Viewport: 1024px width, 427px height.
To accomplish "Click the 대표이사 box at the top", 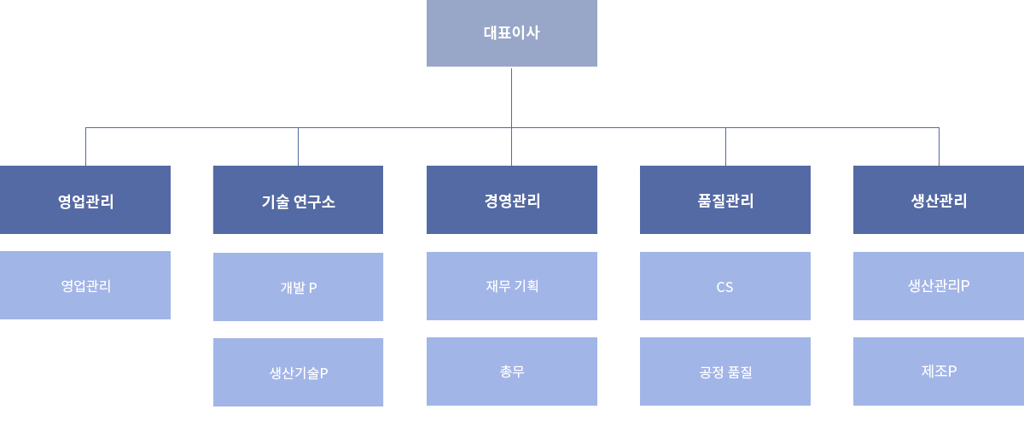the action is pos(511,33).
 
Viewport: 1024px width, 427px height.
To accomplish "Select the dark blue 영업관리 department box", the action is pos(85,200).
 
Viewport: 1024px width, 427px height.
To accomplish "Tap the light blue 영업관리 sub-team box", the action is pos(85,285).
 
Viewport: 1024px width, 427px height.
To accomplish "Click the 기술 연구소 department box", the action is pos(298,200).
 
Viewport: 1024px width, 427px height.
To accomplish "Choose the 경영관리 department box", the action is pos(511,200).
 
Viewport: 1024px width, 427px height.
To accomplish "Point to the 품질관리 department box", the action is pos(725,200).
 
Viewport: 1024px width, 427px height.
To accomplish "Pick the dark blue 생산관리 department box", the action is pos(939,200).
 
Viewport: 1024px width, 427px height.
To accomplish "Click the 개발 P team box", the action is pos(298,287).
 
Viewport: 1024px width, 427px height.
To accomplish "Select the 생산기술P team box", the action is pos(298,372).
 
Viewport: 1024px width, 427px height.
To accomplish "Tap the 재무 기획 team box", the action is pos(511,286).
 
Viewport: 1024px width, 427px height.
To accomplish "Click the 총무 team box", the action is pos(511,371).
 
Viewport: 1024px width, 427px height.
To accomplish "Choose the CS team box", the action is pos(725,286).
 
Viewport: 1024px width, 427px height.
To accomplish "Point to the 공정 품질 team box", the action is pos(725,371).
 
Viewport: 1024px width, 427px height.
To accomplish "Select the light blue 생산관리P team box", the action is pos(939,286).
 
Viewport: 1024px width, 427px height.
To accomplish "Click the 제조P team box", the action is pos(939,371).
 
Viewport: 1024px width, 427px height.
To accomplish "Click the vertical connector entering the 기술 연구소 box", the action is pos(298,146).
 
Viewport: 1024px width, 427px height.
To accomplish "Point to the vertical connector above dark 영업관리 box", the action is pos(85,146).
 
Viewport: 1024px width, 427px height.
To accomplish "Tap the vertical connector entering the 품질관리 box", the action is pos(725,146).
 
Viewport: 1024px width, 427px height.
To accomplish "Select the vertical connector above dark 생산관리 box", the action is pos(939,146).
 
